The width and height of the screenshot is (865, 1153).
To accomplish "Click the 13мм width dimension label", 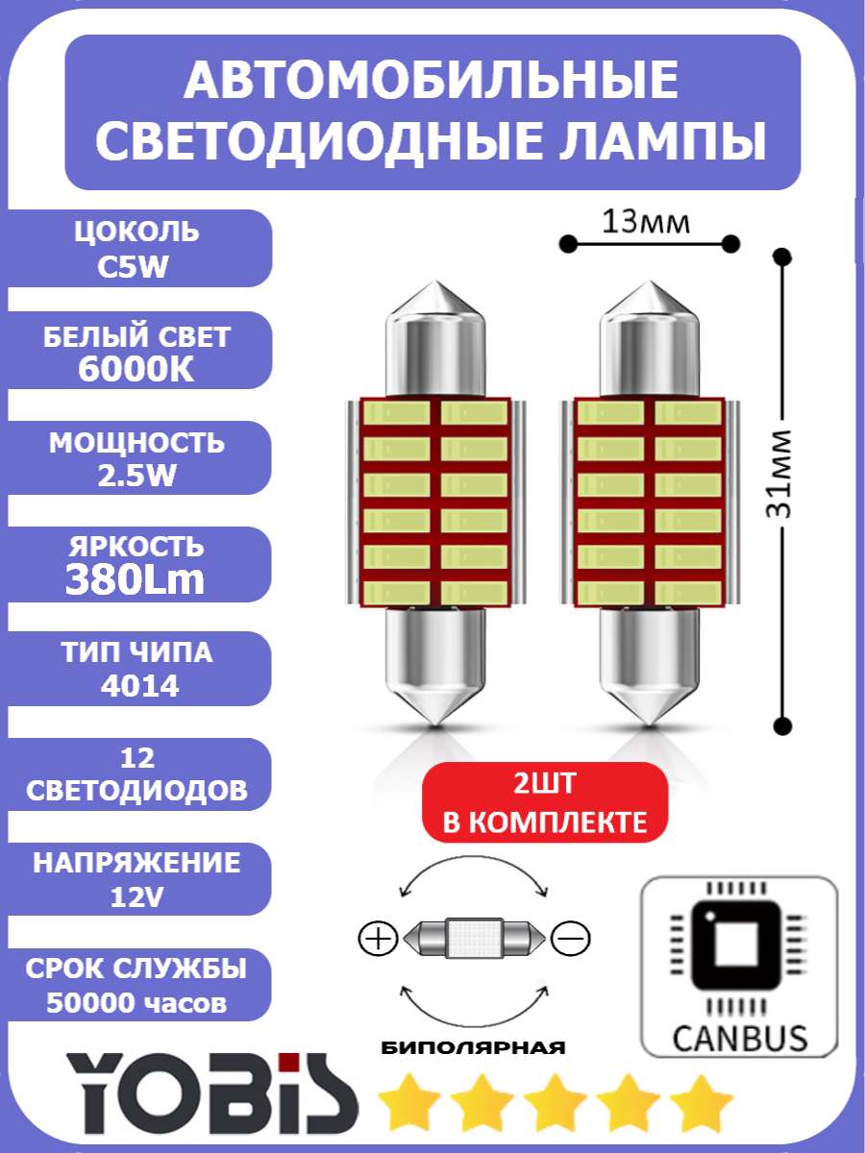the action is pyautogui.click(x=645, y=222).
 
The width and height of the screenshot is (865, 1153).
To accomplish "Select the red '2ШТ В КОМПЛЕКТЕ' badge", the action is pyautogui.click(x=545, y=803).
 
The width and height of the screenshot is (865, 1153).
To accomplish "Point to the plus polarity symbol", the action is pyautogui.click(x=379, y=937).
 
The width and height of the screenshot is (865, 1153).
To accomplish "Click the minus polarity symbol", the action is pyautogui.click(x=571, y=937).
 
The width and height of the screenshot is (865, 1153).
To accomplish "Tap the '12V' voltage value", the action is pyautogui.click(x=136, y=896).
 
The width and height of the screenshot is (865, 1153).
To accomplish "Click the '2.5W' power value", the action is pyautogui.click(x=136, y=475).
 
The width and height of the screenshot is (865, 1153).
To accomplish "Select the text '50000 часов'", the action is pyautogui.click(x=136, y=1003).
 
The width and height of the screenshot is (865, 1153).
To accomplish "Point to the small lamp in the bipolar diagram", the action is pyautogui.click(x=475, y=937).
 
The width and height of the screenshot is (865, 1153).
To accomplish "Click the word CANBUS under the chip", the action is pyautogui.click(x=739, y=1038).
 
